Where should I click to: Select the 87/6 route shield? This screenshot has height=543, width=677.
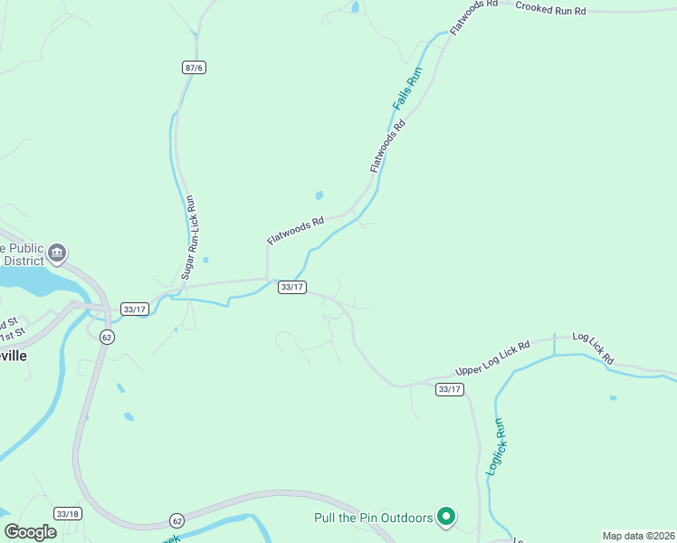(194, 68)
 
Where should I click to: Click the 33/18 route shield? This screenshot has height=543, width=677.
(67, 513)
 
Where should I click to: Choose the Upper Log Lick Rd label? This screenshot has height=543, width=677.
(492, 359)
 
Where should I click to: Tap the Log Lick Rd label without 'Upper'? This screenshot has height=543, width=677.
(593, 348)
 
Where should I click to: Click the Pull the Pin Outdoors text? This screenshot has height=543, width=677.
(373, 518)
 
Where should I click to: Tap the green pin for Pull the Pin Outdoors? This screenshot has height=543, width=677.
(445, 517)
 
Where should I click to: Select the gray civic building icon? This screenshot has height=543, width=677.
(57, 252)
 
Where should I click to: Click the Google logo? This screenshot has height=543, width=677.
(30, 531)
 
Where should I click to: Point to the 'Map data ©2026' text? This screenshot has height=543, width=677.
(637, 536)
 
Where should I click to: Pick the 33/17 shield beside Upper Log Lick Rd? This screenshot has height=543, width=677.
(449, 389)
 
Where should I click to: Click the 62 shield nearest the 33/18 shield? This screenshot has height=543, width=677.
(176, 520)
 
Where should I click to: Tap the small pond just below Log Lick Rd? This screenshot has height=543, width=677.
(614, 397)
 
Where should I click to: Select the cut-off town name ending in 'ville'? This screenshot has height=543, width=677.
(13, 356)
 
